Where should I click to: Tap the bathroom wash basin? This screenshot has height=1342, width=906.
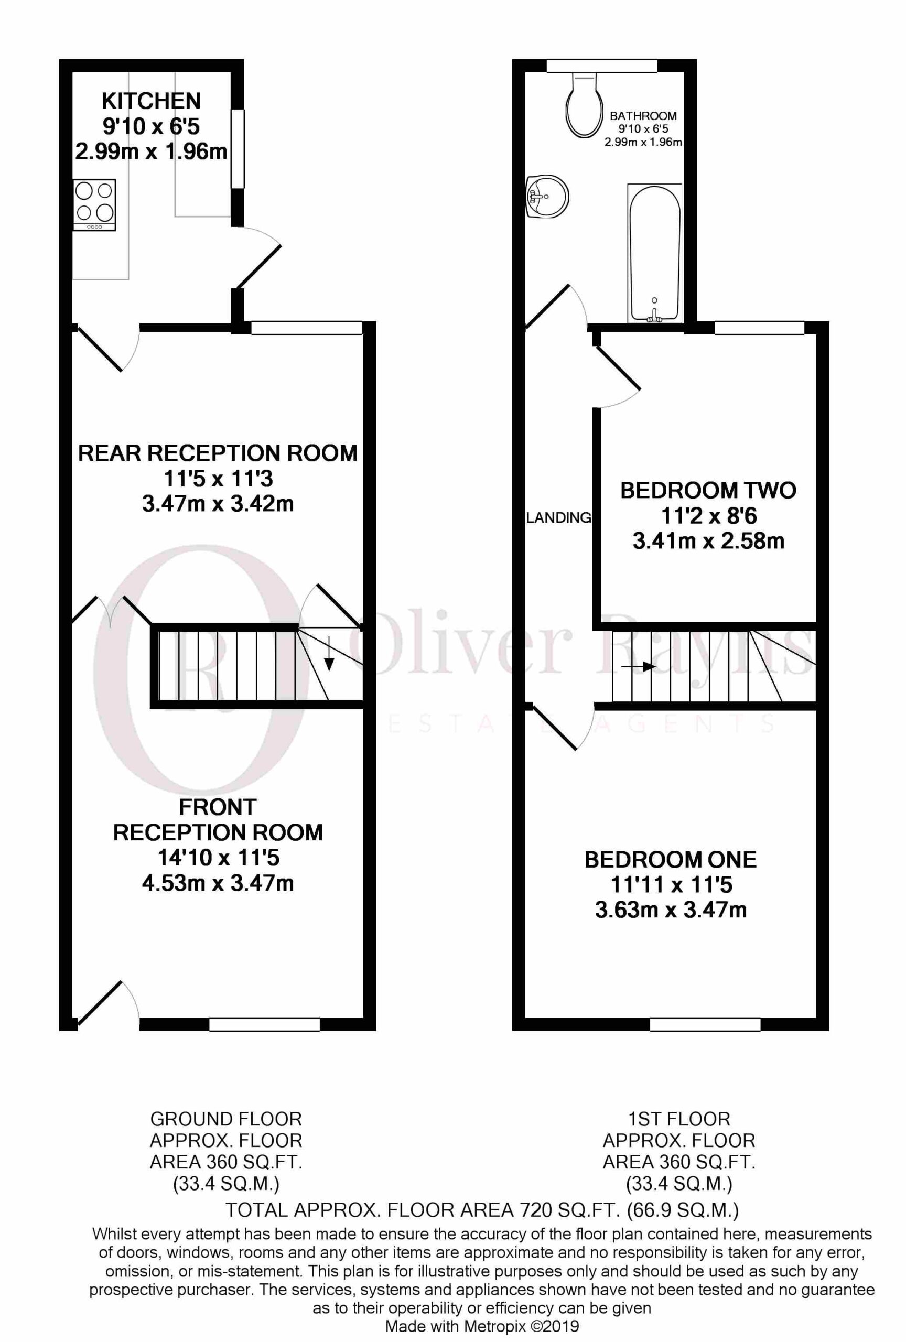click(547, 197)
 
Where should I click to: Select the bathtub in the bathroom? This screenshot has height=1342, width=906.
click(654, 253)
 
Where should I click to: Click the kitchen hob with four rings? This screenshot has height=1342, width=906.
click(94, 205)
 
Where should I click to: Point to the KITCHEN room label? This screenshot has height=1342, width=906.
click(152, 101)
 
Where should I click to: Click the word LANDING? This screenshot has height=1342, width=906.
click(558, 517)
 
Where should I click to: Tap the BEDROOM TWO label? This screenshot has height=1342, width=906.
click(708, 491)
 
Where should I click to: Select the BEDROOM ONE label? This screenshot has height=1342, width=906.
click(671, 860)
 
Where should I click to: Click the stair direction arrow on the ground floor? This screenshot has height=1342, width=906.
click(329, 653)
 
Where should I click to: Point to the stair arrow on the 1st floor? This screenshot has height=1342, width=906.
click(639, 666)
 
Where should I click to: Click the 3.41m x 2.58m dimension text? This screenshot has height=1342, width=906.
click(708, 541)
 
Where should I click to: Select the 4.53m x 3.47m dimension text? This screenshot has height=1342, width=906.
click(218, 883)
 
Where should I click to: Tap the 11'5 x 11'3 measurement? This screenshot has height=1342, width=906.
click(218, 478)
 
